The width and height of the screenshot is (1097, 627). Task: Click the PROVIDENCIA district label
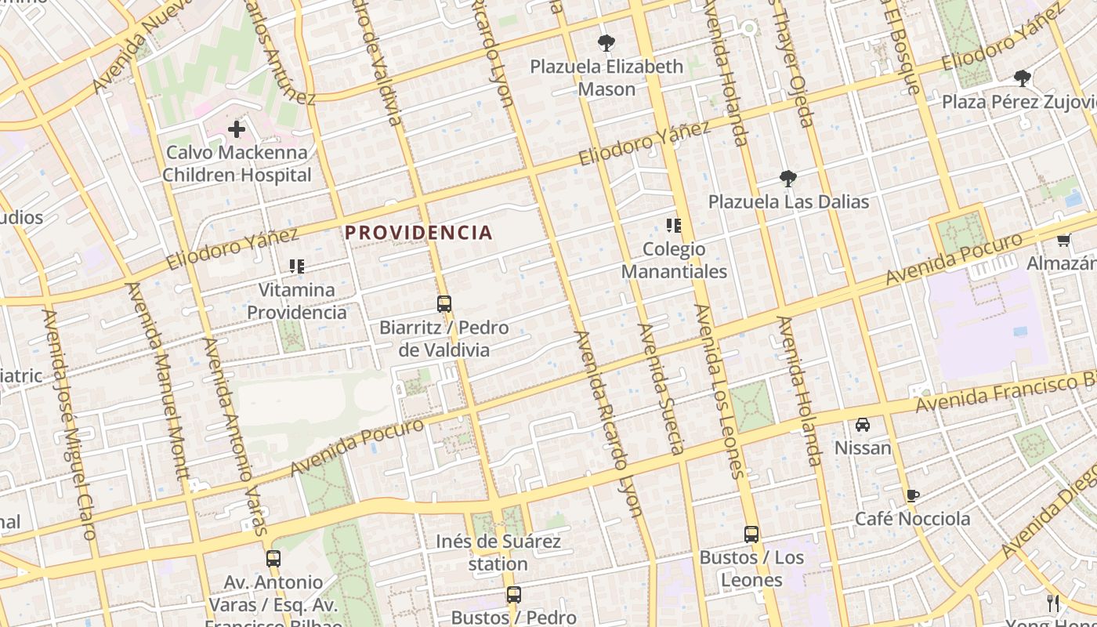click(x=418, y=233)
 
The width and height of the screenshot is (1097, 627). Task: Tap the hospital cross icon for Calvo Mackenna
click(x=237, y=129)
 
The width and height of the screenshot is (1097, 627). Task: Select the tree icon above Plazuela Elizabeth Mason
click(x=606, y=42)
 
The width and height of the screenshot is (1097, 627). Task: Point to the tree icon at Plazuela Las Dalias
click(x=787, y=179)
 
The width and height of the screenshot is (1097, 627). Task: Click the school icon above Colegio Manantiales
click(x=673, y=227)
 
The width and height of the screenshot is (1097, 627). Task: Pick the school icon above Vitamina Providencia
click(x=296, y=266)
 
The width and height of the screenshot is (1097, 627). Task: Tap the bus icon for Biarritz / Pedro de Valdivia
click(x=444, y=304)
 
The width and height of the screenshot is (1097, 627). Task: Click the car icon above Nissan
click(x=863, y=425)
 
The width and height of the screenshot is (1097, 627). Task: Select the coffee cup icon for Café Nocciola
click(x=912, y=495)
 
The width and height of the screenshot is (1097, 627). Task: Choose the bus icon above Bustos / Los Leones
click(x=751, y=535)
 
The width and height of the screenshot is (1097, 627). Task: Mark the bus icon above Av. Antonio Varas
click(x=273, y=559)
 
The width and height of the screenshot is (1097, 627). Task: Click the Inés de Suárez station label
click(x=498, y=553)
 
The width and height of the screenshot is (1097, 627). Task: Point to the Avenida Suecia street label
click(x=662, y=389)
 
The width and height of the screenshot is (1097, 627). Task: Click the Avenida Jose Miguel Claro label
click(x=69, y=424)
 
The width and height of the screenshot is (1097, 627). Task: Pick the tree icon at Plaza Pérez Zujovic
click(x=1022, y=78)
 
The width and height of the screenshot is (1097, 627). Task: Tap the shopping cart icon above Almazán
click(x=1063, y=240)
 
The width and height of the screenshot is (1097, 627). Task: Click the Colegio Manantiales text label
click(x=674, y=261)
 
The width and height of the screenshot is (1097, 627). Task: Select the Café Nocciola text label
click(x=912, y=519)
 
